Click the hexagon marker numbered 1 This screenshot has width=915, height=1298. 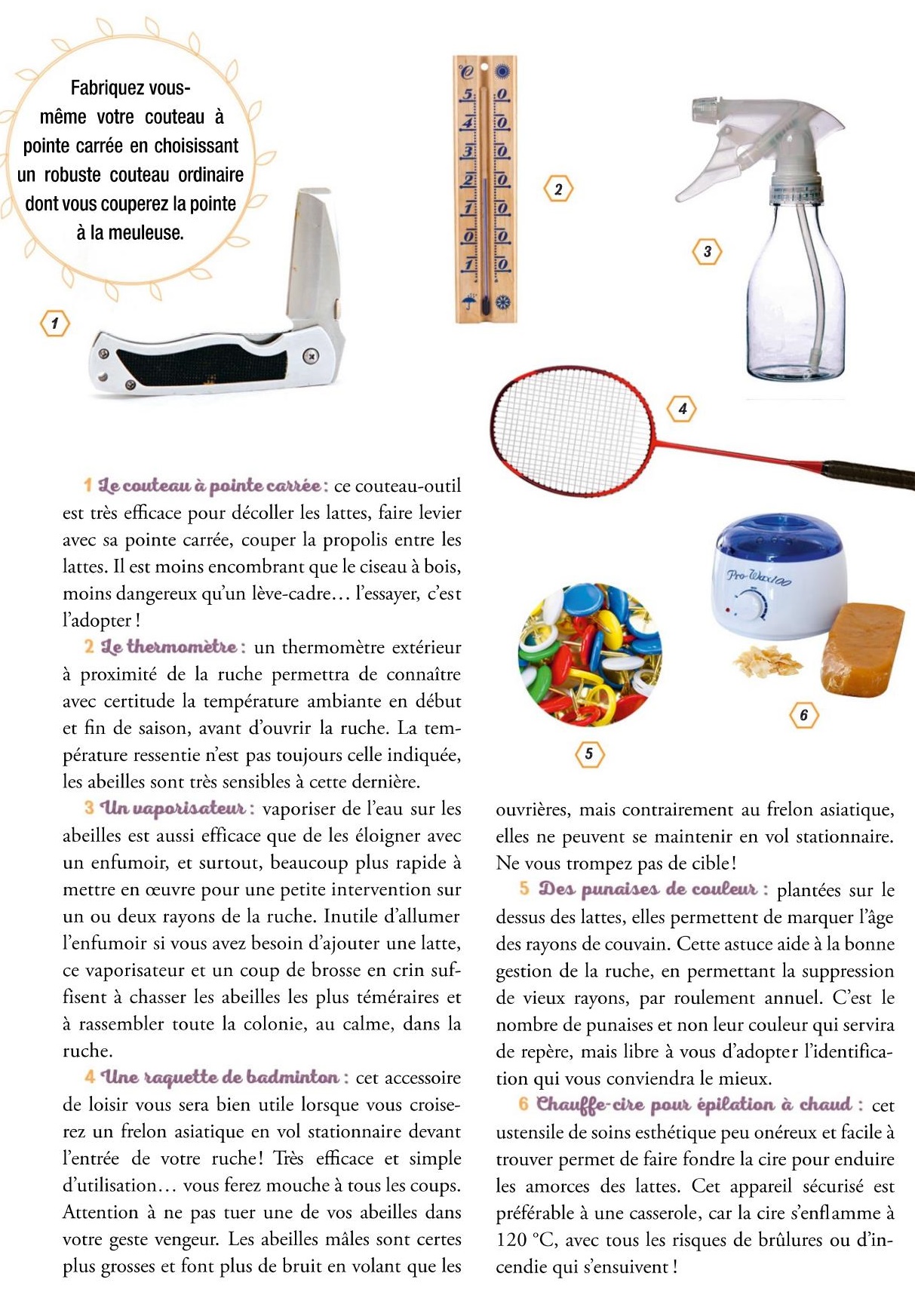[54, 324]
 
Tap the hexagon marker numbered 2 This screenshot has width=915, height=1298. [558, 189]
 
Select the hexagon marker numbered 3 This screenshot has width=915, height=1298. [707, 252]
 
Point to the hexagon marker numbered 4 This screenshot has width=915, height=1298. [682, 409]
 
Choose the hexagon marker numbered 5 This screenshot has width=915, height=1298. [588, 753]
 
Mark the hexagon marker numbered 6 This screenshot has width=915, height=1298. [803, 714]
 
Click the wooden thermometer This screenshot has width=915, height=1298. [485, 189]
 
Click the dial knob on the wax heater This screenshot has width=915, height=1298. [752, 604]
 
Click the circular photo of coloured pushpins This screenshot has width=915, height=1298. [589, 654]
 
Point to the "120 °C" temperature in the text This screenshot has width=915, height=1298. [526, 1240]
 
